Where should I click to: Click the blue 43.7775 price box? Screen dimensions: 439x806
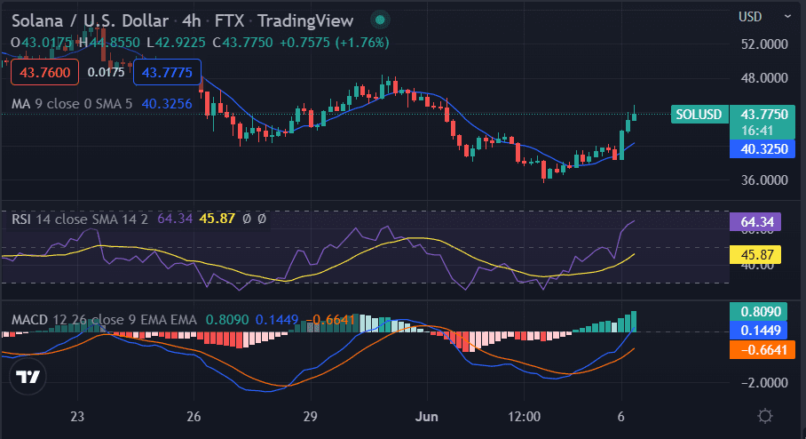coord(167,72)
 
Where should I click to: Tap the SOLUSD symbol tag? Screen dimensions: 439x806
coord(699,115)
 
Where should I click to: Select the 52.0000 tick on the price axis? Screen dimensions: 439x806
coord(764,44)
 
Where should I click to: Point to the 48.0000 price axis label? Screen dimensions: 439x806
coord(764,77)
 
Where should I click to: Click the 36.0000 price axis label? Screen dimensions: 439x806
coord(764,180)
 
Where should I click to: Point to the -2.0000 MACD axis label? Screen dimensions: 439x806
coord(764,383)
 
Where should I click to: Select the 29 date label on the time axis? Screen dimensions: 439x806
coord(310,416)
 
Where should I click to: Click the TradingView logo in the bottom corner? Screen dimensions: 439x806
coord(28,377)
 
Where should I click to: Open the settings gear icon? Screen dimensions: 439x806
coord(765,416)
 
